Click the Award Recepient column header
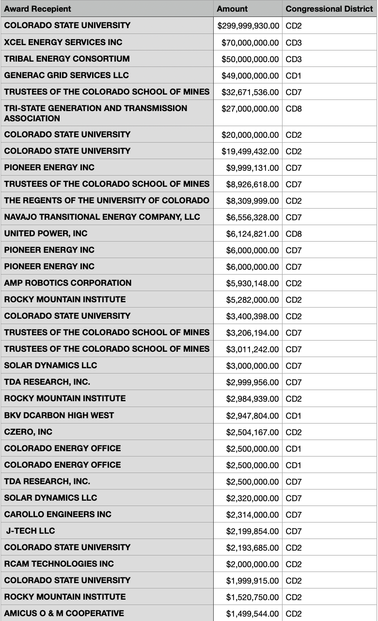(37, 9)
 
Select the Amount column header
(232, 9)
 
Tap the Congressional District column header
(329, 9)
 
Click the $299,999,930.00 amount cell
(248, 26)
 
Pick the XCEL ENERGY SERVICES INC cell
(63, 42)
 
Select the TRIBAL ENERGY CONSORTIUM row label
(67, 59)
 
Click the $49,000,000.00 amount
(250, 76)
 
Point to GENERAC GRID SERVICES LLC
(66, 75)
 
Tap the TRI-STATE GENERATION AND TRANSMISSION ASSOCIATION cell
(95, 113)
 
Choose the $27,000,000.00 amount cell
(250, 109)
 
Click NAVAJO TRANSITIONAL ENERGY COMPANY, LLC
(102, 217)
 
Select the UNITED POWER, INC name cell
(46, 233)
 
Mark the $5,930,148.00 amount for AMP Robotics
(252, 283)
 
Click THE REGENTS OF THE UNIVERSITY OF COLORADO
(107, 200)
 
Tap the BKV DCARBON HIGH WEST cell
(59, 415)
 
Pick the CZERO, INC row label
(28, 432)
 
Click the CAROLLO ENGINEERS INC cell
(58, 514)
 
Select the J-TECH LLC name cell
(31, 531)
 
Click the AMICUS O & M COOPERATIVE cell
(64, 613)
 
